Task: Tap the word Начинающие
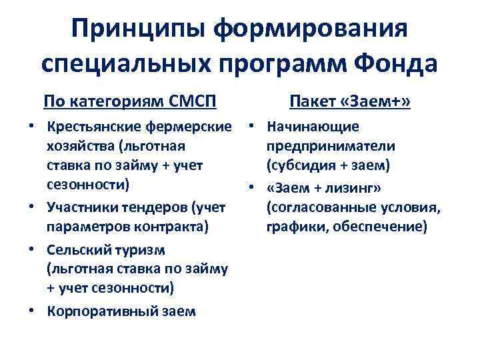click(313, 127)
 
